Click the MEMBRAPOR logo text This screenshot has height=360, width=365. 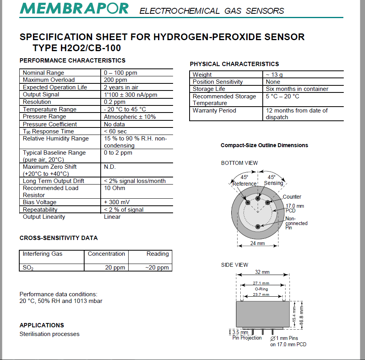pos(74,8)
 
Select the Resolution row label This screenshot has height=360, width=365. pos(37,102)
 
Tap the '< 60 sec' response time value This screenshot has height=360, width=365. pos(115,131)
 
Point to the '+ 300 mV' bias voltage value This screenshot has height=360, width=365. pos(117,202)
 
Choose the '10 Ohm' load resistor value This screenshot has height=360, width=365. pos(114,188)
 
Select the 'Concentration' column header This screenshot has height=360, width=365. pos(106,254)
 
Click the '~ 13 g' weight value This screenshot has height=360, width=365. pos(274,75)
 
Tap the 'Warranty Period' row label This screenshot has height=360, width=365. pos(214,111)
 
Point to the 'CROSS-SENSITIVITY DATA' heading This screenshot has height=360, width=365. pos(59,238)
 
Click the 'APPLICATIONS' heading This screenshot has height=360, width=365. pos(42,325)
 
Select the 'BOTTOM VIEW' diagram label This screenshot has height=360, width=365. pos(240,163)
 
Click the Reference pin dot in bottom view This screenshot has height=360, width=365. pos(248,202)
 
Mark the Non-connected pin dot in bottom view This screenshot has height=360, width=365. pos(258,226)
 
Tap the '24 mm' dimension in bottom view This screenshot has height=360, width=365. pos(258,243)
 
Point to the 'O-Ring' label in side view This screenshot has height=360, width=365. pos(261,289)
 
